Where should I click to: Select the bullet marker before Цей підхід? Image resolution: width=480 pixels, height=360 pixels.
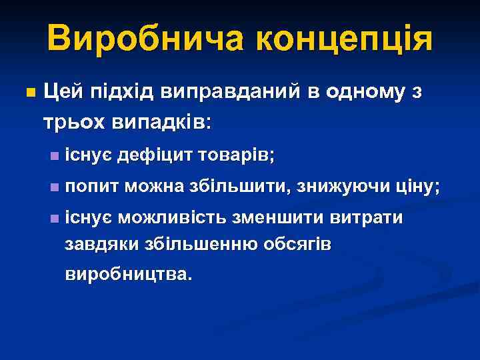(28, 93)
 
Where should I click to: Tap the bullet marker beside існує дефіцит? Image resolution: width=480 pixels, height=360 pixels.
(54, 156)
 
